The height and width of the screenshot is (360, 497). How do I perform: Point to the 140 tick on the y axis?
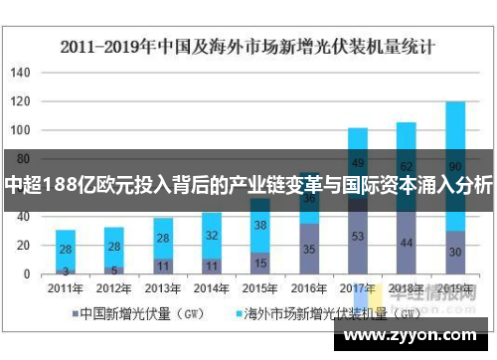click(x=21, y=73)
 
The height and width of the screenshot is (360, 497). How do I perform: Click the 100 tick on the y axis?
click(x=21, y=130)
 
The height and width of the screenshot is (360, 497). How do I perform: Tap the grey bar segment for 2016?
click(x=309, y=249)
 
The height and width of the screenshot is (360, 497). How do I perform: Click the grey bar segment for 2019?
click(x=454, y=253)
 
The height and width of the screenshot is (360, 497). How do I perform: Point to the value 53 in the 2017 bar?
click(x=358, y=236)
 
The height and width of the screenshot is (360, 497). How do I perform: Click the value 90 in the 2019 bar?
click(x=454, y=165)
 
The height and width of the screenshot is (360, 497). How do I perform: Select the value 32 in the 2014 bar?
click(x=212, y=236)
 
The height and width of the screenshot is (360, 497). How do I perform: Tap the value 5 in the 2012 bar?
click(x=113, y=269)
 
